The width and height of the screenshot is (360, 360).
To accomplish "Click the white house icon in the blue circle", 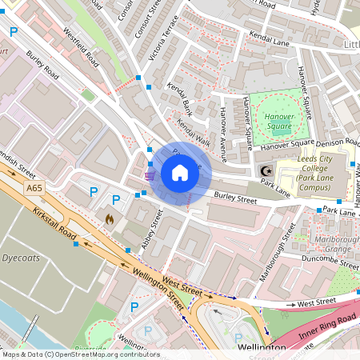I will (x=180, y=173).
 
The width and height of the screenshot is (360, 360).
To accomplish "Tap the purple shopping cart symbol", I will (x=150, y=175).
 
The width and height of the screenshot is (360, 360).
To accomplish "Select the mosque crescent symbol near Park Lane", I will (x=266, y=171).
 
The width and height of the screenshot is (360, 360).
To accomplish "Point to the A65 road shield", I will (x=34, y=188).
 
